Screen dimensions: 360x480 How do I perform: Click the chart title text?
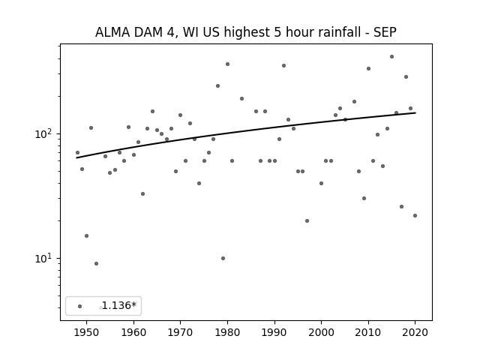coord(245,32)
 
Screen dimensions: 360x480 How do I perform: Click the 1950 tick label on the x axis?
coord(86,332)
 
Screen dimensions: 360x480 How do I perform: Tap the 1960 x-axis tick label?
coord(133,332)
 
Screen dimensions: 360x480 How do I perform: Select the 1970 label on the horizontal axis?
coord(180,332)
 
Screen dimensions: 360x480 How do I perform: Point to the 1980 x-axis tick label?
coord(227,332)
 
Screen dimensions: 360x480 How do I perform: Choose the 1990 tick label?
coord(274,332)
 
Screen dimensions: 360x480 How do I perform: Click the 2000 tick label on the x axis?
coord(321,332)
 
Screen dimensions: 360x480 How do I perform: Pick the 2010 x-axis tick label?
coord(367,332)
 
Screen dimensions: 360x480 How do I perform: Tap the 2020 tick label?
coord(415,332)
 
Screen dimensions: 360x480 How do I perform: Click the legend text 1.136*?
coord(118,306)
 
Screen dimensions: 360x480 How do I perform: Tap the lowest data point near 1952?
coord(96,263)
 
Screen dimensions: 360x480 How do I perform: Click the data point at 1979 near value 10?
coord(223,258)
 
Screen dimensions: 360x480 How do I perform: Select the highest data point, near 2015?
coord(391,56)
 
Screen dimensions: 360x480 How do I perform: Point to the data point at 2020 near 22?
coord(415,215)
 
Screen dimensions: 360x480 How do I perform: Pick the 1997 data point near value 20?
coord(307,220)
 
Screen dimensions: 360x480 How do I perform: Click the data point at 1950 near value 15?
coord(86,235)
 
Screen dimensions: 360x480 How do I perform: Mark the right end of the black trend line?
coord(415,112)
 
